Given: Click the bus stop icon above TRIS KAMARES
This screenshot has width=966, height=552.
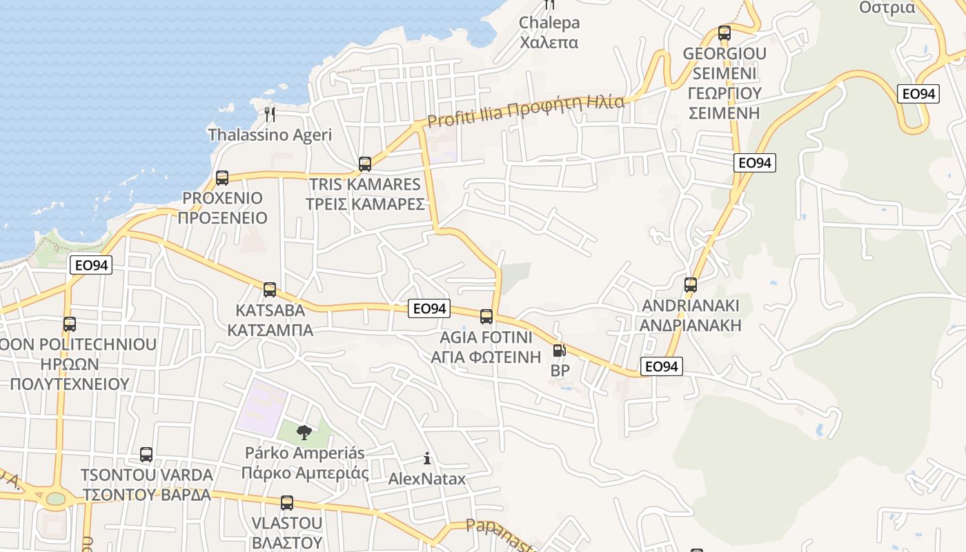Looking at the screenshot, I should click(365, 164).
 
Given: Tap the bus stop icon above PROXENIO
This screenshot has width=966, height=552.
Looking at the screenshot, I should click(222, 178).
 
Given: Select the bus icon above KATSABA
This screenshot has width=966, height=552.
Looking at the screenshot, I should click(270, 290).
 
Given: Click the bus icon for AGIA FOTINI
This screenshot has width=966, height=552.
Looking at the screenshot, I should click(486, 317).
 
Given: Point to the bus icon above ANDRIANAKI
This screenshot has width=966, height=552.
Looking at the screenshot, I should click(691, 285).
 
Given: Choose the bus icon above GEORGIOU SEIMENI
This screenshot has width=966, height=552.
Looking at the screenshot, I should click(724, 33).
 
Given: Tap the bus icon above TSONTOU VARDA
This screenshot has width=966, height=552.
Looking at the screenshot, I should click(146, 455).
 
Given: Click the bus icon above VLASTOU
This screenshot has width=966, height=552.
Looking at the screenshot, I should click(287, 503).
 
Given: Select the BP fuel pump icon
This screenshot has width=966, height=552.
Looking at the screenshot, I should click(559, 351).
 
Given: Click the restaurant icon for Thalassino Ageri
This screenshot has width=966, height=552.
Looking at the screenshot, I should click(270, 114).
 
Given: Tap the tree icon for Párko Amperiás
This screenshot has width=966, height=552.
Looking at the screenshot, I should click(304, 433).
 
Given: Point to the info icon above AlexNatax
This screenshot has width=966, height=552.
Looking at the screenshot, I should click(427, 458).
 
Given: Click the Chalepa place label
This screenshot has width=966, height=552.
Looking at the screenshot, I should click(549, 23).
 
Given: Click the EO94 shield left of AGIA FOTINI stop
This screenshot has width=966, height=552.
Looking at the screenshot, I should click(429, 308).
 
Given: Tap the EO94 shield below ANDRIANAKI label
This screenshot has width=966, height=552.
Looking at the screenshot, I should click(662, 366).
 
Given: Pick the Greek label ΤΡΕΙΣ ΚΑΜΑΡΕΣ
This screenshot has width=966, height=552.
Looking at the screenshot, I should click(365, 204).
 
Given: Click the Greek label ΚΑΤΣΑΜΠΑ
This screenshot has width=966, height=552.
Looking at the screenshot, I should click(270, 330).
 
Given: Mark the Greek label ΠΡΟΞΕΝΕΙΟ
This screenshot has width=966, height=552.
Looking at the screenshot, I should click(222, 218).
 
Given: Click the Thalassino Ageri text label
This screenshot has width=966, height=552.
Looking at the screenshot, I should click(270, 135).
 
